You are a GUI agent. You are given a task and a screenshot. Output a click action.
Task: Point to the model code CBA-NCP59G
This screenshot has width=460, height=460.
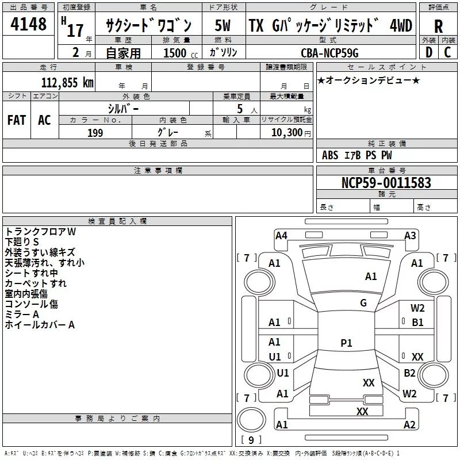(329, 53)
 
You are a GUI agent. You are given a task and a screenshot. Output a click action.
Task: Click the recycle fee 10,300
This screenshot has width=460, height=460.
(286, 133)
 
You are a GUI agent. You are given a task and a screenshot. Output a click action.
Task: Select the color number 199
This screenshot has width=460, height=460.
(95, 133)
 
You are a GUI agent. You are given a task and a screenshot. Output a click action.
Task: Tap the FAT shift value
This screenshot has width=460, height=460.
(17, 120)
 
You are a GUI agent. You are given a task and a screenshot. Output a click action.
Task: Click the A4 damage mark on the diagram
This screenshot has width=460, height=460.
(281, 235)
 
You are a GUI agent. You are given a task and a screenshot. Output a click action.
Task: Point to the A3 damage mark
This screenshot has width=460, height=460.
(410, 235)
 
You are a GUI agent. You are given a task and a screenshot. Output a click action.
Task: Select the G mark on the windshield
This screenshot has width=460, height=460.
(363, 303)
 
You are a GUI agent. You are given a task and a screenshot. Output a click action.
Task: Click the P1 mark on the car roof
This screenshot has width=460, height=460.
(346, 343)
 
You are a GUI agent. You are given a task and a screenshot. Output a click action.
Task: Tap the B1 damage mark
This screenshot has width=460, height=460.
(417, 323)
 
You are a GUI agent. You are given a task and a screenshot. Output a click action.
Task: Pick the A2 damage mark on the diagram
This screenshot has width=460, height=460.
(409, 425)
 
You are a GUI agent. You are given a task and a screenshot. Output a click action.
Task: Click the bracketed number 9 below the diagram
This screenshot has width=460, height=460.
(250, 440)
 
